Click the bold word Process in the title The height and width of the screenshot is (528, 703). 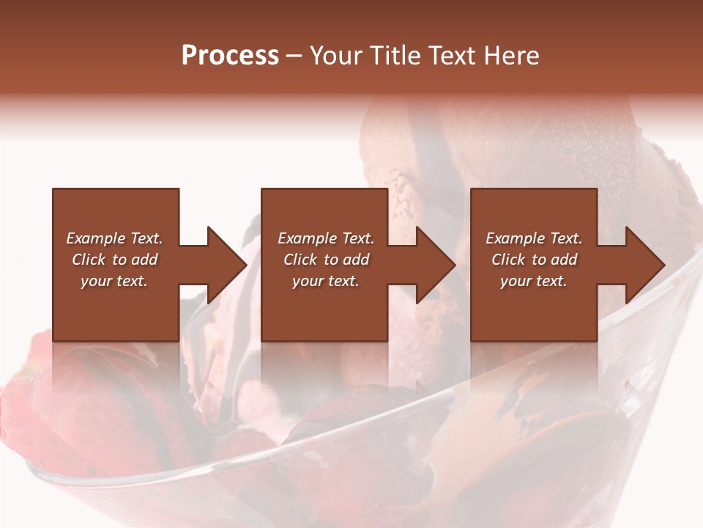230,55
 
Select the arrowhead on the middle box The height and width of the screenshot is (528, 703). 435,265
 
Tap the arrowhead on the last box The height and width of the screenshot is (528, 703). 644,265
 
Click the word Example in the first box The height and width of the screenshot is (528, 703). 95,238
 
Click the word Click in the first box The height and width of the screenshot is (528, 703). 89,260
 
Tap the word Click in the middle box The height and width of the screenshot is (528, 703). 300,260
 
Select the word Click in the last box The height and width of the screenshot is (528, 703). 508,260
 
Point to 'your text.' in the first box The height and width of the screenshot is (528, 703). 114,281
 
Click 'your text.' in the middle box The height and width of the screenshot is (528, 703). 326,281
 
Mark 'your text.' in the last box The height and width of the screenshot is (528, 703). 534,281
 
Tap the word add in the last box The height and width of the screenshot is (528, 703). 563,260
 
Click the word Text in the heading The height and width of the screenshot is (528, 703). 451,55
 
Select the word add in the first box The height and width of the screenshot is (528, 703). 144,260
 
